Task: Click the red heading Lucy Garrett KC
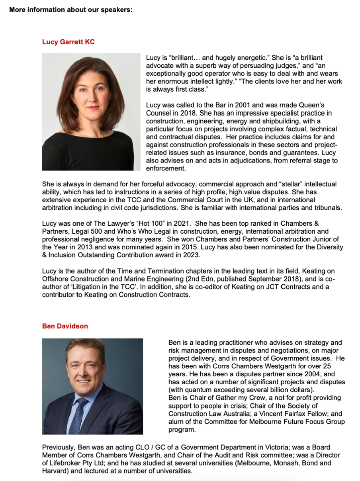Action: [x=68, y=42]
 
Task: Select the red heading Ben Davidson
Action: [x=65, y=326]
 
